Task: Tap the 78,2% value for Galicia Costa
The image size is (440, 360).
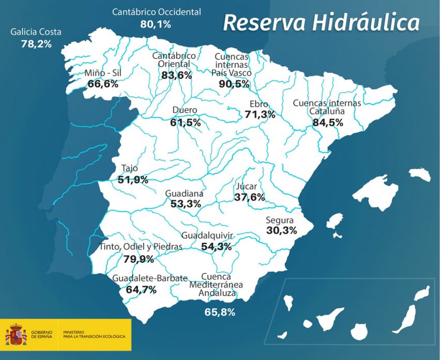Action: tap(36, 44)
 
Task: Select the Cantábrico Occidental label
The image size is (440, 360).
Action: tap(156, 12)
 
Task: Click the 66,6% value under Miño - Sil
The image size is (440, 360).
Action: tap(103, 84)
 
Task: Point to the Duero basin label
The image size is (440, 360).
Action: tap(185, 110)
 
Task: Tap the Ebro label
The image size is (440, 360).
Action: tap(259, 104)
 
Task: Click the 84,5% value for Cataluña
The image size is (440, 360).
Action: tap(328, 123)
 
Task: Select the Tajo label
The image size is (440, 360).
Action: tap(129, 168)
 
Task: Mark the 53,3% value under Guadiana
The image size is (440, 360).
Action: tap(185, 204)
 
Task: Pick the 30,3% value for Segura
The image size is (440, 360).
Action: tap(281, 230)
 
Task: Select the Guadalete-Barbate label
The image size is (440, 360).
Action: tap(150, 278)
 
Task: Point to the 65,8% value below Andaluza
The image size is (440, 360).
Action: tap(220, 312)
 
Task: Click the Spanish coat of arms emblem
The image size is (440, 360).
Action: tap(16, 335)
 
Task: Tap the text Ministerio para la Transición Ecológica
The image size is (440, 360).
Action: tap(94, 335)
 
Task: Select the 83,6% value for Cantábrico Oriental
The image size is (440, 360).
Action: tap(176, 75)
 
